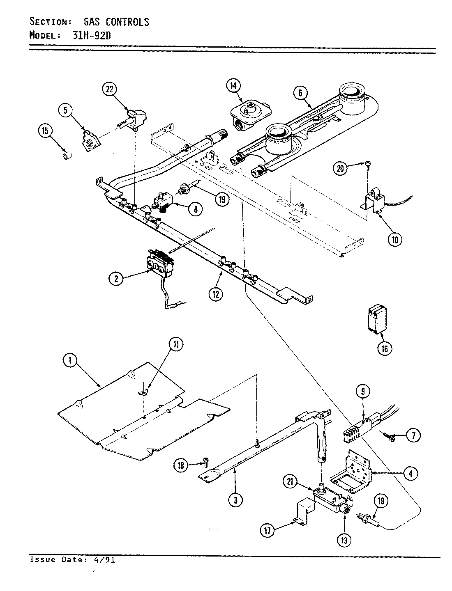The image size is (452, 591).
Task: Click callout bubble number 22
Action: (x=109, y=89)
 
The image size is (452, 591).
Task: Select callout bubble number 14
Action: (x=233, y=85)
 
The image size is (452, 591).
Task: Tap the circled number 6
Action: (x=300, y=93)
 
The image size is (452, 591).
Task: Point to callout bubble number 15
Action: (x=45, y=131)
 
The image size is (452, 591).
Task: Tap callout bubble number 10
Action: (x=394, y=240)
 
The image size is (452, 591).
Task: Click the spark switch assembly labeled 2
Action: (x=159, y=263)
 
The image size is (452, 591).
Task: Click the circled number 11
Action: (x=176, y=345)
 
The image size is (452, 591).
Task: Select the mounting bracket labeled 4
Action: (x=353, y=471)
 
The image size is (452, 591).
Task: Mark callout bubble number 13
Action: (x=344, y=540)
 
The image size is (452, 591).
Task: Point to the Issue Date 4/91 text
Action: (x=72, y=560)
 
